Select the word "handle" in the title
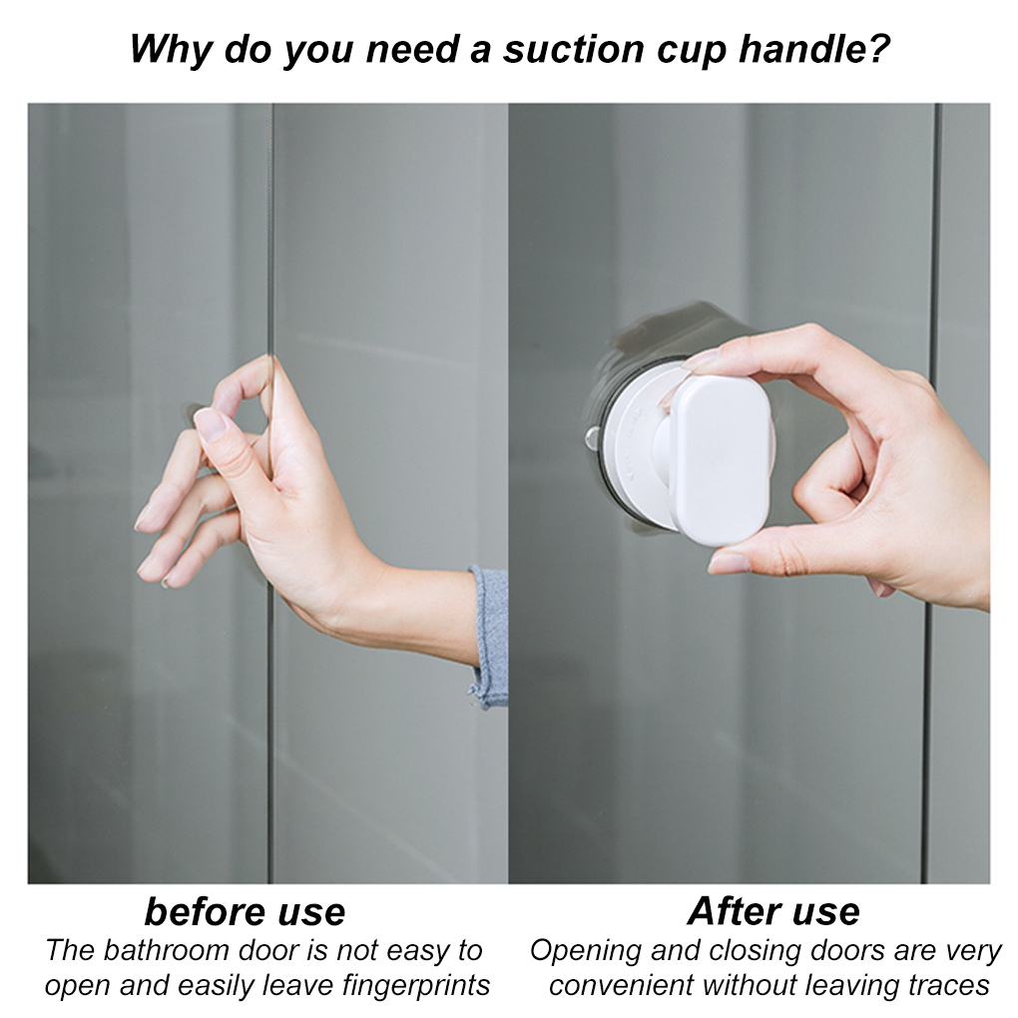pyautogui.click(x=791, y=48)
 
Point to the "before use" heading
pyautogui.click(x=245, y=911)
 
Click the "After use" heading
pyautogui.click(x=772, y=911)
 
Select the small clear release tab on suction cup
pyautogui.click(x=592, y=436)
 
